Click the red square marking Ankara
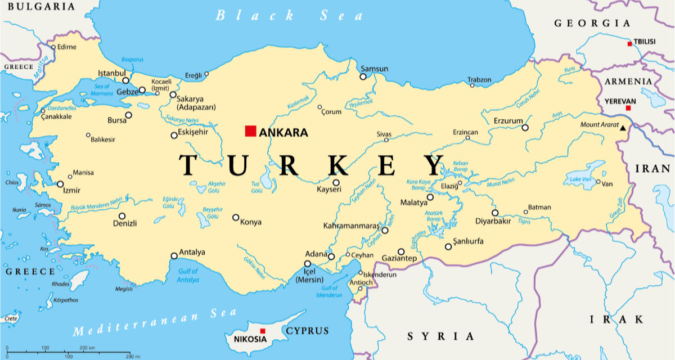[250, 131]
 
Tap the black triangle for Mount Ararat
[623, 129]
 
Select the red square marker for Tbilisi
[630, 43]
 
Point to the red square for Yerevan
[628, 108]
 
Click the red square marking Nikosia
[262, 331]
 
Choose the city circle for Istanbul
[126, 80]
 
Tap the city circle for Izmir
[60, 184]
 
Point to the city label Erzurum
[508, 121]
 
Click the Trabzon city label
[480, 80]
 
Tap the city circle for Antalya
[174, 256]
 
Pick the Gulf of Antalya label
[188, 276]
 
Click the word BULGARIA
[37, 7]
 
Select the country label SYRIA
[441, 336]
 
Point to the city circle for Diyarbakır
[495, 213]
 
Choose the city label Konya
[251, 222]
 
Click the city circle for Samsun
[363, 76]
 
